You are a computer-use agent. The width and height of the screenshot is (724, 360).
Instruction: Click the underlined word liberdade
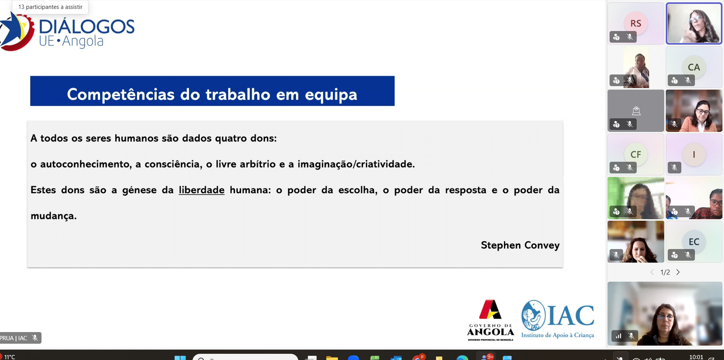tap(201, 190)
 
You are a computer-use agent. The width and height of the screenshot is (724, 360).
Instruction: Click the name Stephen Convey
tap(520, 245)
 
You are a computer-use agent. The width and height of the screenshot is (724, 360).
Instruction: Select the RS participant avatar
tap(636, 23)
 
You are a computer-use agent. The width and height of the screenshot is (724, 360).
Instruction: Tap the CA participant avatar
tap(694, 67)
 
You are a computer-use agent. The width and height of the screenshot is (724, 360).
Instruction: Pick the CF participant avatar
tap(636, 154)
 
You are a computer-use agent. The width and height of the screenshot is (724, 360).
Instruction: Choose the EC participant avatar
tap(694, 242)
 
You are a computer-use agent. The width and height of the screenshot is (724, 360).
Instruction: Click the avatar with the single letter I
tap(694, 154)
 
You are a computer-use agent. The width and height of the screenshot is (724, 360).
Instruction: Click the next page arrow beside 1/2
tap(678, 272)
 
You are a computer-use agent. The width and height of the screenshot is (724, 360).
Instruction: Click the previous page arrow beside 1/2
tap(652, 272)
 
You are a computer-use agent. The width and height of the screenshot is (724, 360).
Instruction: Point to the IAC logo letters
tap(570, 315)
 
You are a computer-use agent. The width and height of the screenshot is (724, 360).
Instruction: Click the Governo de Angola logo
tap(490, 320)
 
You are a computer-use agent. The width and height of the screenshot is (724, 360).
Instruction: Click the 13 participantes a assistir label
tap(50, 7)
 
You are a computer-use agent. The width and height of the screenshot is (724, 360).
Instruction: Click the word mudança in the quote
tap(54, 216)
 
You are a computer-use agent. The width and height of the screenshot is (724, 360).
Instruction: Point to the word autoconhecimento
tap(86, 164)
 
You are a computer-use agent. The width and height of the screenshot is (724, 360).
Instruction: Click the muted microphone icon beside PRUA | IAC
tap(35, 338)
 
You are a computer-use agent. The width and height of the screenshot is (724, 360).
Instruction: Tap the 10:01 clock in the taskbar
tap(696, 357)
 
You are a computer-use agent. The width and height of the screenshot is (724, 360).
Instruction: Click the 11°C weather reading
tap(10, 357)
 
